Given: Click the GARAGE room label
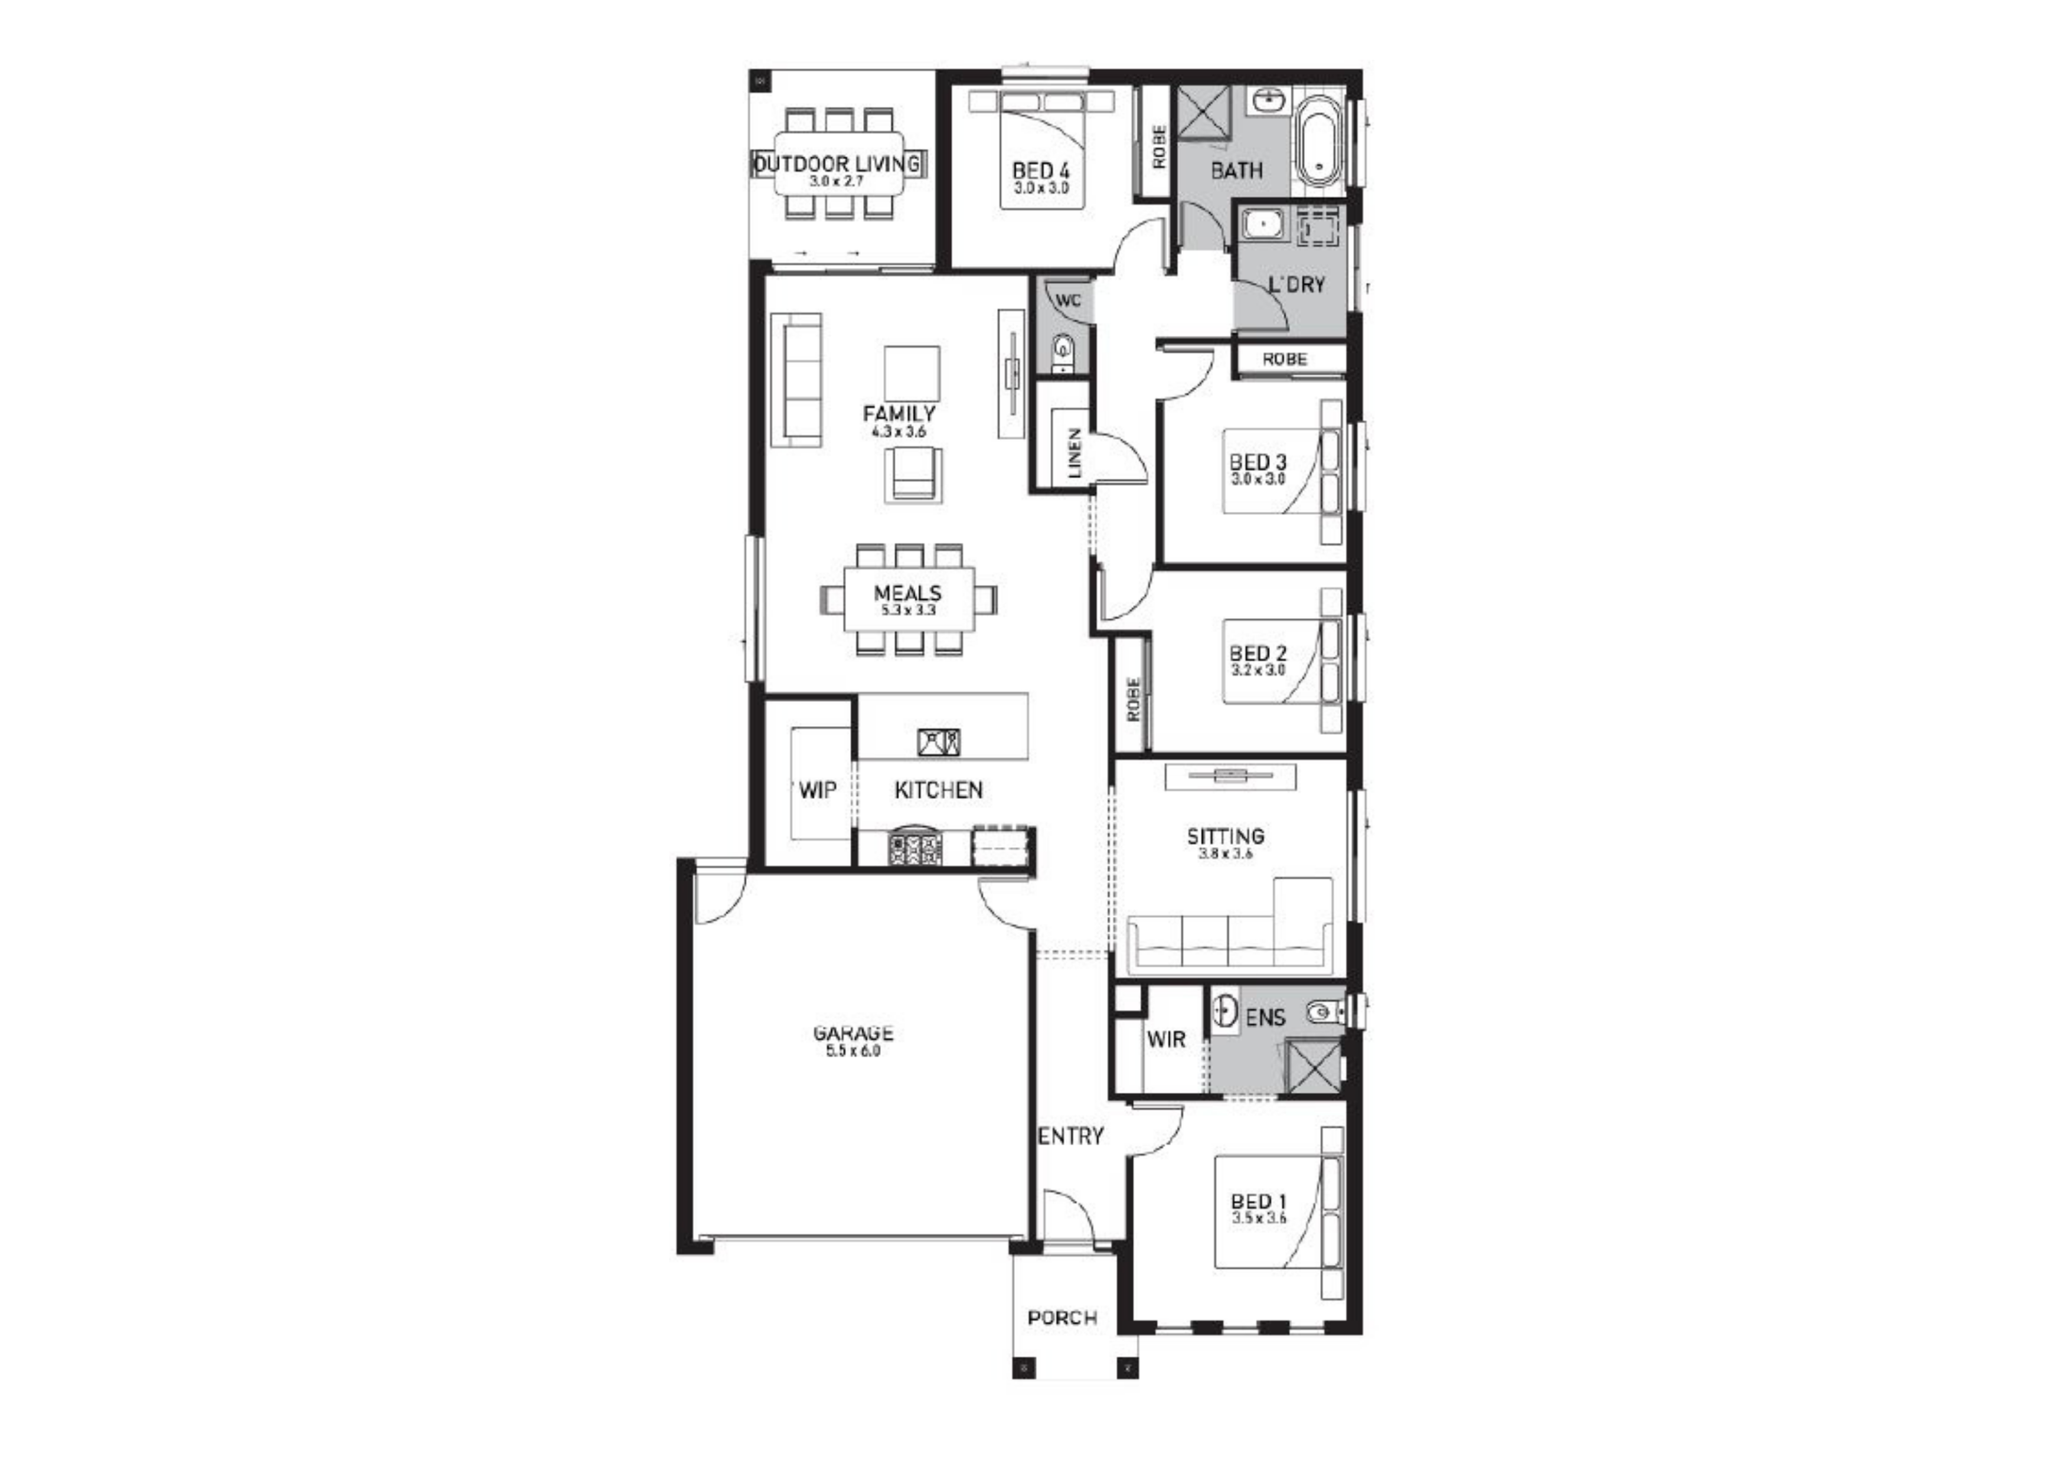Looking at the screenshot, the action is click(x=853, y=1033).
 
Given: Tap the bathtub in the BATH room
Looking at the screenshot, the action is click(x=1318, y=142).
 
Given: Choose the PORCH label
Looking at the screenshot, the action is click(x=1062, y=1318).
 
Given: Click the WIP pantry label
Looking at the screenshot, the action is click(x=818, y=790).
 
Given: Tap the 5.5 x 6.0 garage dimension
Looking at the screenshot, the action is click(x=853, y=1051).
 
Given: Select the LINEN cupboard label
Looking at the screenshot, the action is click(x=1073, y=453).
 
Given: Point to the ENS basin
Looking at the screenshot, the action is click(x=1224, y=1011).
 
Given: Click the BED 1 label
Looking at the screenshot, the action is click(x=1258, y=1202).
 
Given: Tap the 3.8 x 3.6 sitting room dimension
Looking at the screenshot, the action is click(x=1226, y=854).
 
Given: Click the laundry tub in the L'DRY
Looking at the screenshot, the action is click(x=1262, y=224).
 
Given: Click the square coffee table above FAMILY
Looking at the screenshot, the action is click(x=912, y=373).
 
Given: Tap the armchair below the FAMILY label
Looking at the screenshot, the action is click(x=913, y=475).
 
